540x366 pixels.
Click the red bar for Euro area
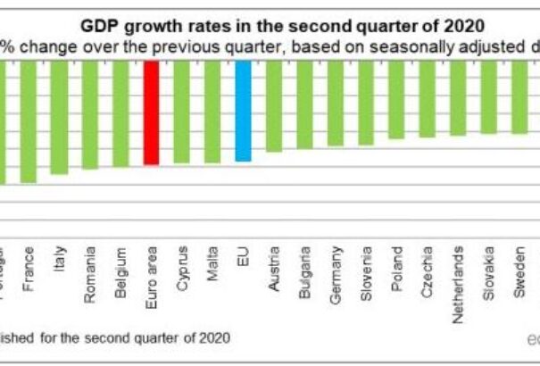(151, 112)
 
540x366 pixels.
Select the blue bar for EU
(243, 111)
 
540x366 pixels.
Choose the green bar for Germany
(336, 103)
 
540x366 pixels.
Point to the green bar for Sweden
(519, 96)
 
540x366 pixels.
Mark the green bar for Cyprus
(181, 112)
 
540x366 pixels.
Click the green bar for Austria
(274, 106)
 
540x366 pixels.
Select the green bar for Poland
(396, 100)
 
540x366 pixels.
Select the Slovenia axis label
(366, 279)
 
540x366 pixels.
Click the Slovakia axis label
(488, 278)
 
